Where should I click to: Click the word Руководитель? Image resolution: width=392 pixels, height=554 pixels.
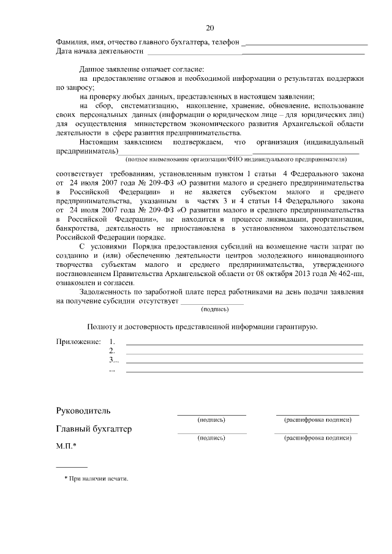coord(83,410)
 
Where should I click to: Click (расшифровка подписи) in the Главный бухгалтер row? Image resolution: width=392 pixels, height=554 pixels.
coord(317,438)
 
